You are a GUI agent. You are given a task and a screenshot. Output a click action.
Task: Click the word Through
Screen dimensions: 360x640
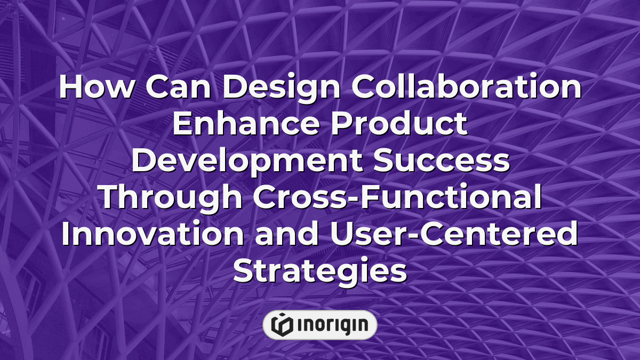click(172, 198)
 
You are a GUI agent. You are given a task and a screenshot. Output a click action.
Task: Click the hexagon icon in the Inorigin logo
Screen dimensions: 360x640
click(281, 325)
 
